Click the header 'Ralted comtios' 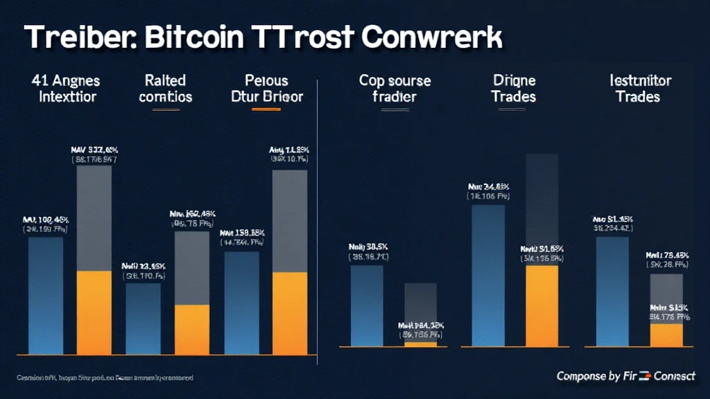pos(165,88)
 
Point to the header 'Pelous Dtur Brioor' pos(266,88)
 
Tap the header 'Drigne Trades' pos(514,88)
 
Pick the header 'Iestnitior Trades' pos(637,88)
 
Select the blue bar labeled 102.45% pos(45,294)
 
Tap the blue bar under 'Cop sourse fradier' pos(367,305)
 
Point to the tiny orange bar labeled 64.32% pos(421,343)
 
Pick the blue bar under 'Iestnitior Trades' pos(612,291)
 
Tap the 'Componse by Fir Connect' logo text pos(625,375)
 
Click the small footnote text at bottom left pos(104,378)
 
